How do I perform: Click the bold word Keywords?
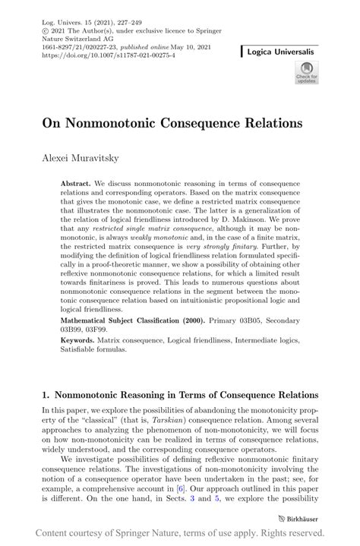pos(80,341)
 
